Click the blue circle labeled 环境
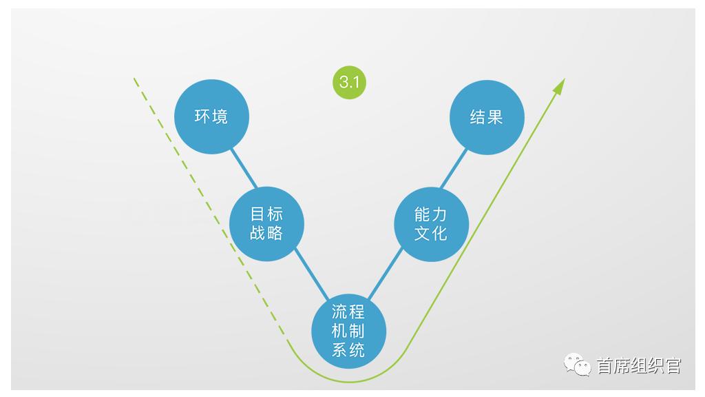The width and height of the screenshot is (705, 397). pos(211,116)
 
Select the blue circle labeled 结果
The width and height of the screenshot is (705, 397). pos(487,117)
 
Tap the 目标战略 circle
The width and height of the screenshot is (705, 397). pos(266,224)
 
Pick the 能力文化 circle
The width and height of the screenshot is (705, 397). pos(431,224)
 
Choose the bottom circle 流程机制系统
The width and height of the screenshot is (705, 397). pos(348,331)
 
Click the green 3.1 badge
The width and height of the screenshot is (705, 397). pos(349,83)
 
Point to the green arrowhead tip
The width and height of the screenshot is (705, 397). pos(565,79)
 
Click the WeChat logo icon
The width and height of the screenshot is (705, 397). pos(578,364)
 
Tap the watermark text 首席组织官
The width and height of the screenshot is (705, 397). pos(639,365)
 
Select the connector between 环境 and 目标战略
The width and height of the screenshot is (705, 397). pos(244,168)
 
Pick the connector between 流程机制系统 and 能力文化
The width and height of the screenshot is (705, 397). pos(386,274)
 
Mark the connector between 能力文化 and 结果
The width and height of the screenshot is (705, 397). pos(454,169)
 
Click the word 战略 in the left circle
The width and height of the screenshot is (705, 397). pos(266,233)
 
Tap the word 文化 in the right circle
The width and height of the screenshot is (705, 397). pos(431,234)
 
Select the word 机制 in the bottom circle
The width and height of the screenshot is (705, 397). pos(348,331)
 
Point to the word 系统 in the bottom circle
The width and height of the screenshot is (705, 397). pos(348,350)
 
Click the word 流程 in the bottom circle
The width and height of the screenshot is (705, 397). pos(348,312)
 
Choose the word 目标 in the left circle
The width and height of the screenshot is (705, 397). pos(266,214)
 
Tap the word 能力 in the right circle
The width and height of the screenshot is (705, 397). pos(431,214)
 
